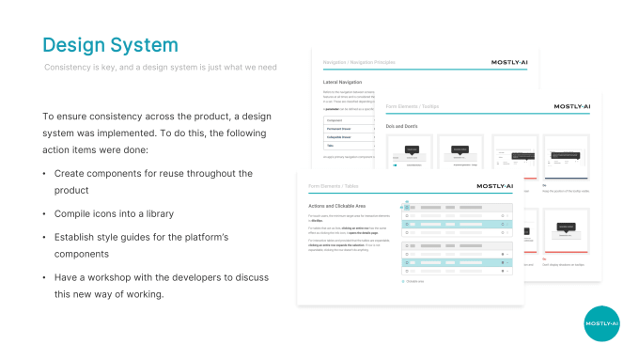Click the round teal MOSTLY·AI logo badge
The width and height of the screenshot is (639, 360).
point(601,323)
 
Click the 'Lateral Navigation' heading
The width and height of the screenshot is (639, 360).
point(343,82)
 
